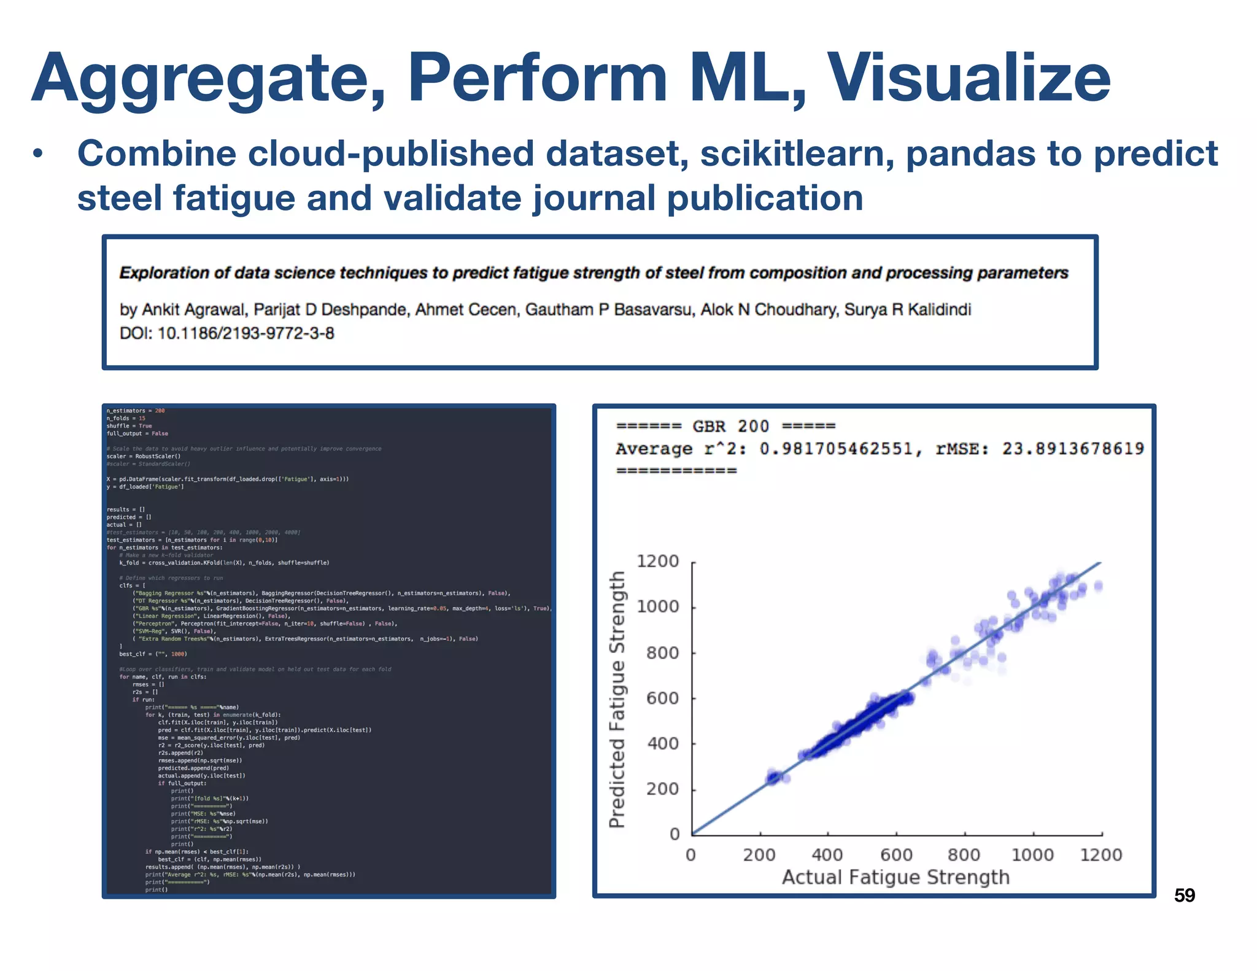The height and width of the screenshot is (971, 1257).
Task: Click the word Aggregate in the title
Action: click(x=209, y=80)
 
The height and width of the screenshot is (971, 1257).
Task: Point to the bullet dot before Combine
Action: click(x=39, y=155)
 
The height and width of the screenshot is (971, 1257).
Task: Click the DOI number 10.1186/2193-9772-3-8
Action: click(x=246, y=333)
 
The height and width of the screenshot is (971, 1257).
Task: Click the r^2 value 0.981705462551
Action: click(x=836, y=449)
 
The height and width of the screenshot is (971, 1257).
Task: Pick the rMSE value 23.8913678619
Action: click(x=1073, y=449)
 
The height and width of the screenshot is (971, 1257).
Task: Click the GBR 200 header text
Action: click(x=730, y=426)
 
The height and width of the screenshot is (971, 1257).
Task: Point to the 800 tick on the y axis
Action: click(x=662, y=652)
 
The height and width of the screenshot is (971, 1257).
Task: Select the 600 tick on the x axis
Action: click(x=896, y=854)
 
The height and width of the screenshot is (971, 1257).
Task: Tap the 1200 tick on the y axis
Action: click(x=657, y=561)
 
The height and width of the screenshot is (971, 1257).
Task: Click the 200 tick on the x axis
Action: click(x=759, y=854)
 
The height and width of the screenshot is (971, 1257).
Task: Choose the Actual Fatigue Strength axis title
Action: click(x=895, y=877)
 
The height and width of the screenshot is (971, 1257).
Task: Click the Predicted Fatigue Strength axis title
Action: click(x=617, y=699)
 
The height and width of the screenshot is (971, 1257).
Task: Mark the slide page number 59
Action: click(x=1184, y=896)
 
